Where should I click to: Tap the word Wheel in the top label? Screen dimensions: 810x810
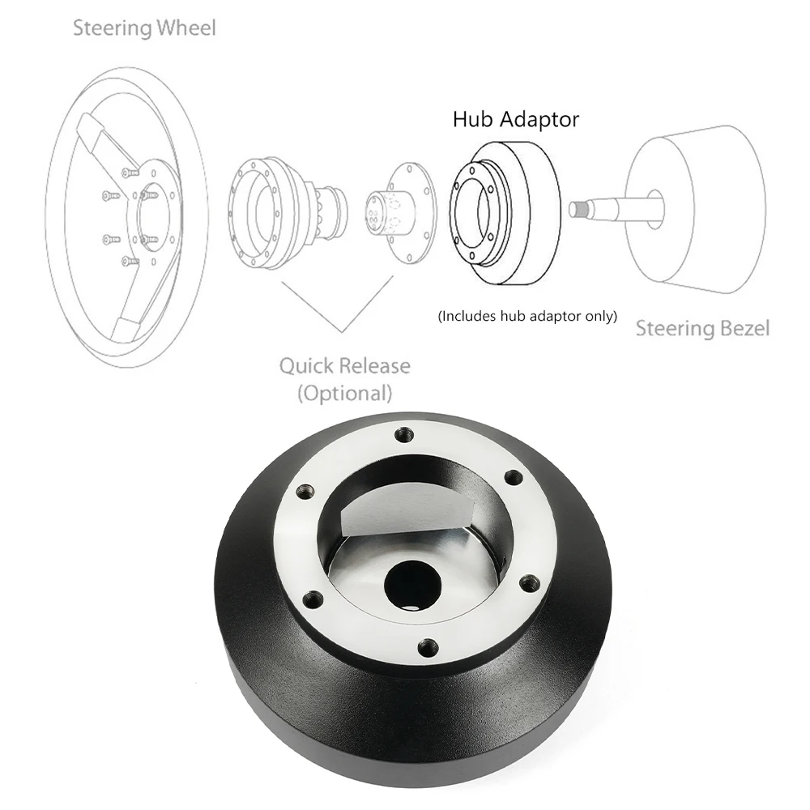tap(189, 28)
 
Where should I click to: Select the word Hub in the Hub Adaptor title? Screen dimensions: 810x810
tap(473, 120)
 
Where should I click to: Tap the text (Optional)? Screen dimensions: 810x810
tap(344, 394)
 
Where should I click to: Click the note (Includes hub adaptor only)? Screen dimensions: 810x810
tap(527, 316)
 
